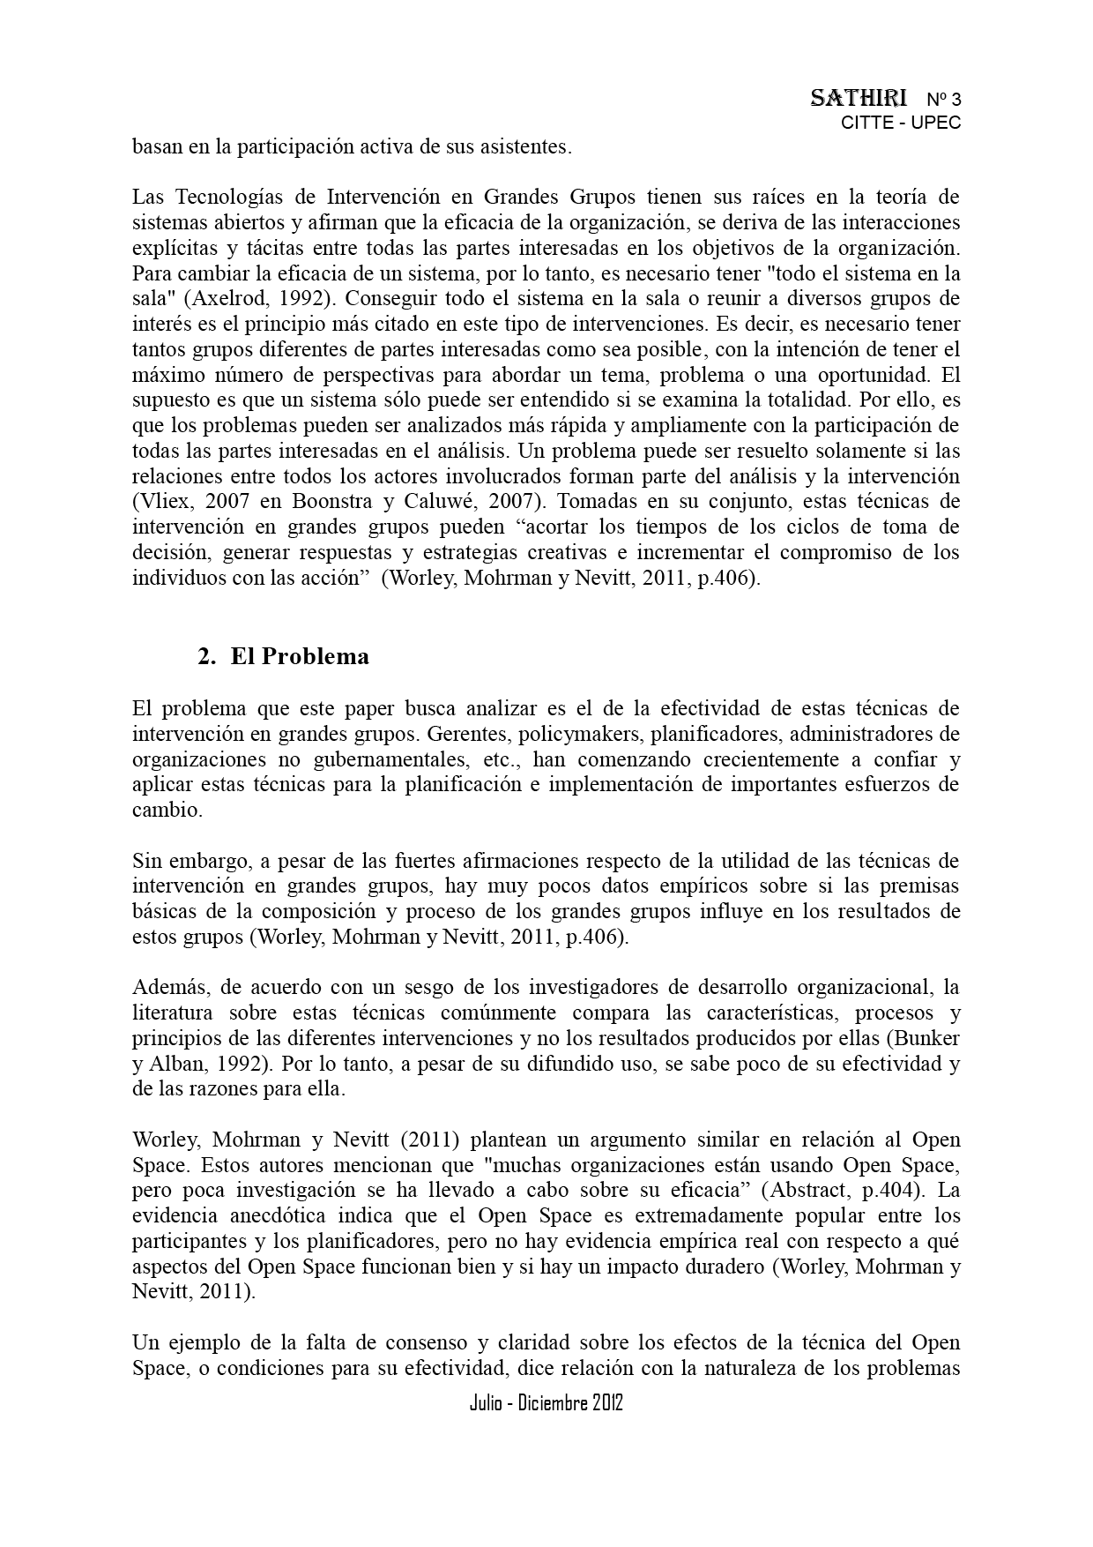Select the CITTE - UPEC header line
900,123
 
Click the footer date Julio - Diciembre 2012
546,1403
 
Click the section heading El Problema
300,657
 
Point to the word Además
165,987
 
